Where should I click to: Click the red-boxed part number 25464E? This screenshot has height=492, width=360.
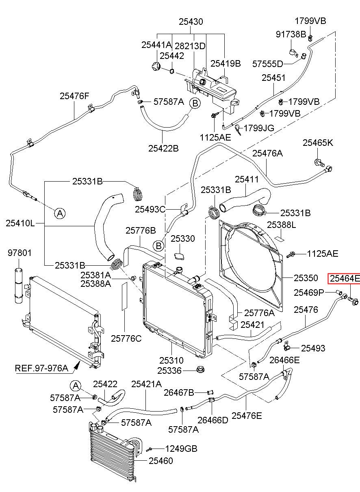click(345, 279)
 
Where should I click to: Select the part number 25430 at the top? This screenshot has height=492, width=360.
click(191, 22)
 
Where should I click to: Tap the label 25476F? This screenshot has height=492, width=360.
click(75, 96)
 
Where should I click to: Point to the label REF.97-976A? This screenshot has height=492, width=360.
click(41, 368)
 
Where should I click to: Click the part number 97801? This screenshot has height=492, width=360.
click(20, 253)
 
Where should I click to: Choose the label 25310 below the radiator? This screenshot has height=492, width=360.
click(171, 360)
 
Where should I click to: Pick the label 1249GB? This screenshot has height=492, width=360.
click(181, 449)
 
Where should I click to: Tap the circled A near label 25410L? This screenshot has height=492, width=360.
click(60, 213)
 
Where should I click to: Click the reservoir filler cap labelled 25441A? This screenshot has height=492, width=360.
click(156, 66)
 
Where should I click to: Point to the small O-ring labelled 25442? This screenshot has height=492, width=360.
click(172, 71)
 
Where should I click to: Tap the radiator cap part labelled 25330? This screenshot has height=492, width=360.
click(180, 256)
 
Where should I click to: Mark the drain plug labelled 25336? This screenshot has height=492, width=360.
click(200, 370)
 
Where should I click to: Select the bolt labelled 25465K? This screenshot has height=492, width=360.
click(319, 163)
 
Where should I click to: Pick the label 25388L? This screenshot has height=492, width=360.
click(281, 225)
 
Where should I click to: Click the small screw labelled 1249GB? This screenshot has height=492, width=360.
click(150, 449)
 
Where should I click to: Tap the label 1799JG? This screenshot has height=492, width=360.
click(259, 128)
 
